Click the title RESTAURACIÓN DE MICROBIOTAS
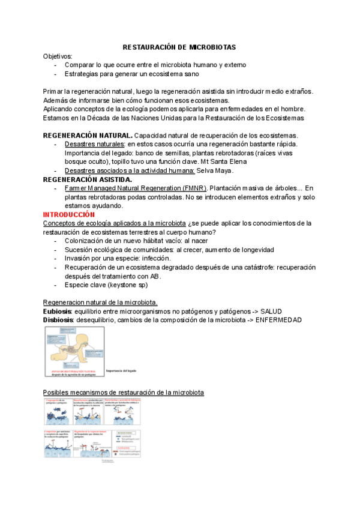[179, 47]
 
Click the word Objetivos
[58, 56]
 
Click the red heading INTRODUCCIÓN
[69, 214]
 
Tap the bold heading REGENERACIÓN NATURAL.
[88, 135]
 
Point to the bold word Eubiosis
[57, 312]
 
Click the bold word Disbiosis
[58, 320]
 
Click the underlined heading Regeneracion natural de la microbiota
[100, 303]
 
